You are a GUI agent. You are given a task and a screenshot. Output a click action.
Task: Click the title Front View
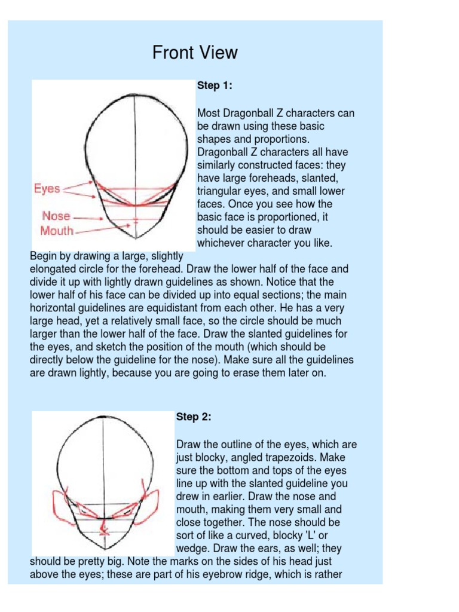coord(195,53)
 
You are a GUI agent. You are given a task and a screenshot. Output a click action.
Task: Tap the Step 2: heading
coord(194,417)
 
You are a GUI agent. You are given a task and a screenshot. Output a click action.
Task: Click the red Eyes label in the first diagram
coord(47,189)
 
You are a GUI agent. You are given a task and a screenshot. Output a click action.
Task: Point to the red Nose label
coord(56,216)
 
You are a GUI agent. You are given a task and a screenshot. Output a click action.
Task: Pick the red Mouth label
coord(57,231)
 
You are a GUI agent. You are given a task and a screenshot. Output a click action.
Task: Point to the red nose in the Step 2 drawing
coord(105,527)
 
